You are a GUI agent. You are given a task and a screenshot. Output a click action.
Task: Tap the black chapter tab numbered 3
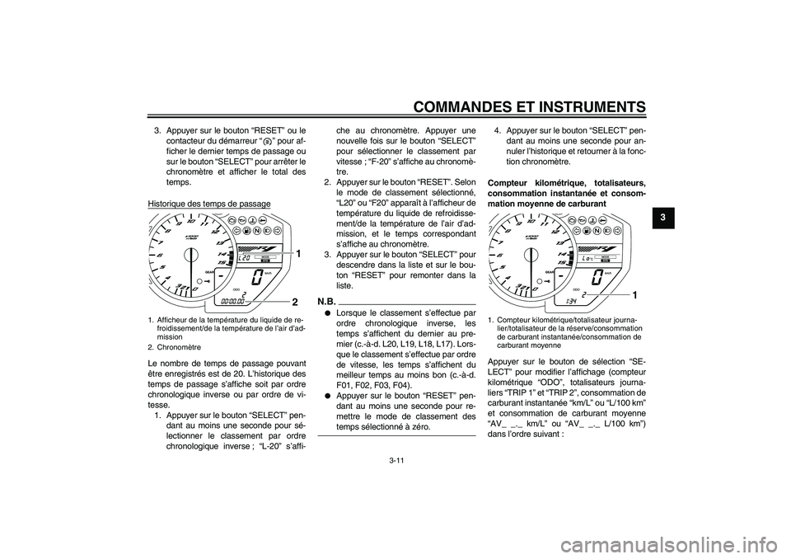(x=662, y=217)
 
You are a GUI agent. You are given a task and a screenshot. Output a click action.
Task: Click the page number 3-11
(x=396, y=459)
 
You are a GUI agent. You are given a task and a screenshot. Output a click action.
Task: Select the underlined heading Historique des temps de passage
(x=208, y=204)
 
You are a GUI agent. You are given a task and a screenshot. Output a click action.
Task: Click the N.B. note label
(x=327, y=302)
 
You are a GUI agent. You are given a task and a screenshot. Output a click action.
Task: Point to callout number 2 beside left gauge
(x=295, y=303)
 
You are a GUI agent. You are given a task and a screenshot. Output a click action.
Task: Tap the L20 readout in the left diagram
(x=243, y=259)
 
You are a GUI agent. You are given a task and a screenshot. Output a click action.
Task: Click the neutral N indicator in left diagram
(x=257, y=230)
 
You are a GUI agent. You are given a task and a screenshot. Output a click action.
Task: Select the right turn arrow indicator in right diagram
(x=617, y=231)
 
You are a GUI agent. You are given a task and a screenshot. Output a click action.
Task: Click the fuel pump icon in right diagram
(x=587, y=231)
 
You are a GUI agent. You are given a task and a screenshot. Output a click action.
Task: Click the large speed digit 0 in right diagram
(x=597, y=277)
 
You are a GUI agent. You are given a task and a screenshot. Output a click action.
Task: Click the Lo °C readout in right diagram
(x=587, y=259)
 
